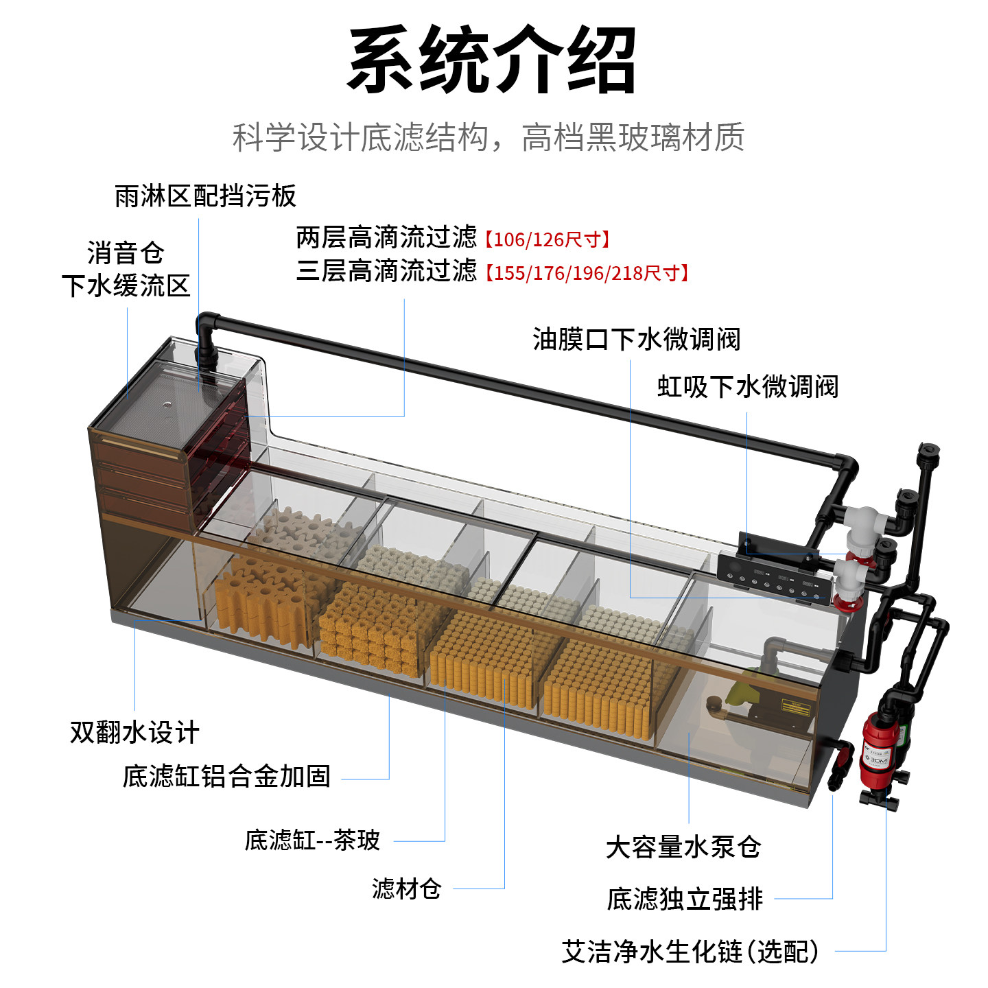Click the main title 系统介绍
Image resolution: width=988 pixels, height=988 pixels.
tap(492, 60)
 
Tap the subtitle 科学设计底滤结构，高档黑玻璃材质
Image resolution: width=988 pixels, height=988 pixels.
tap(489, 137)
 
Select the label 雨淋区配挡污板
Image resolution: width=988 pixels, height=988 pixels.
tap(205, 196)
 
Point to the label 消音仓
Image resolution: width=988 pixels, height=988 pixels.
tap(126, 252)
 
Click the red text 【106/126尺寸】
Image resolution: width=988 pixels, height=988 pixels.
tap(547, 239)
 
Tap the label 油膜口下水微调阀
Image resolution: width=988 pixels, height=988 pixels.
tap(636, 339)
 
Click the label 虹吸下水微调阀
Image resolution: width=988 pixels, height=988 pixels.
tap(747, 386)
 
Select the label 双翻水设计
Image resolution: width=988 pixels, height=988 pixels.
tap(134, 732)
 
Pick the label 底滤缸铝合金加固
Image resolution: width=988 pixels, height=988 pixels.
tap(226, 777)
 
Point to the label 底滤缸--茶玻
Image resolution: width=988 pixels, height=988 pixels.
tap(312, 840)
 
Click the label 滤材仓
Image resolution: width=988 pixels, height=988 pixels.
tap(406, 889)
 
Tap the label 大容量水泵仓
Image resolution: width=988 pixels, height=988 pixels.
tap(683, 847)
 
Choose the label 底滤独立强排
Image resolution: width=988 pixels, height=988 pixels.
tap(685, 899)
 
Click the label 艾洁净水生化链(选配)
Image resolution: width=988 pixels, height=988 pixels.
tap(690, 952)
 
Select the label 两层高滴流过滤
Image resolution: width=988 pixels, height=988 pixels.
tap(386, 237)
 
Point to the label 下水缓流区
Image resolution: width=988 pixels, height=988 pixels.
tap(126, 285)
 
